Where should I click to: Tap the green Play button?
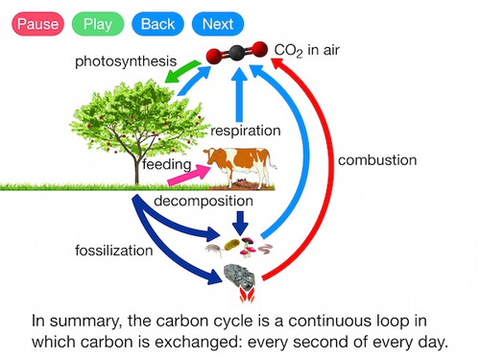pos(97,23)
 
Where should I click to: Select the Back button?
pos(158,23)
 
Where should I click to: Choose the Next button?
pos(218,23)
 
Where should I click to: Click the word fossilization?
pos(115,252)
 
